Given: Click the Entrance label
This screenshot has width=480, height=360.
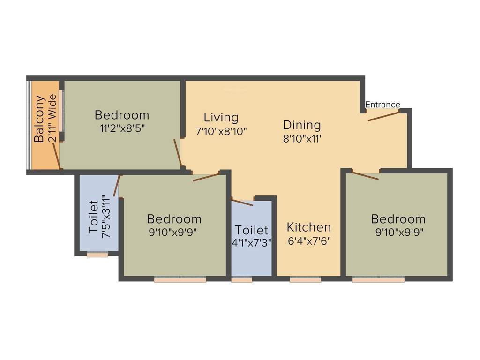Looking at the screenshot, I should coord(382,105).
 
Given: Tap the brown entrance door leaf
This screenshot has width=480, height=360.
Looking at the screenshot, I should coord(383,116).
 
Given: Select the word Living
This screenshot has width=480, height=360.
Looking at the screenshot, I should coord(221,117).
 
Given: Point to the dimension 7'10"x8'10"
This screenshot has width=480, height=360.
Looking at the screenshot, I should coord(221,131).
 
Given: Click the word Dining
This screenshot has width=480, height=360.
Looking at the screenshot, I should coord(302,125).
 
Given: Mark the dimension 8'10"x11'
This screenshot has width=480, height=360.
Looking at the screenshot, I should coord(302,139).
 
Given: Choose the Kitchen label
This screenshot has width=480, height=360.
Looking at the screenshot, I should coord(308,227).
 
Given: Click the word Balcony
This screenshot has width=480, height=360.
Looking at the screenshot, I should coord(40,119).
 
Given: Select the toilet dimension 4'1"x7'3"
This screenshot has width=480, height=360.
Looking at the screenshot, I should coord(252,243).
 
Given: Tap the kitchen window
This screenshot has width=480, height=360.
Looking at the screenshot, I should coord(305,279).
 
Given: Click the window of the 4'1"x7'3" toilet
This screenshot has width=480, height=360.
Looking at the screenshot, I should coord(241,279).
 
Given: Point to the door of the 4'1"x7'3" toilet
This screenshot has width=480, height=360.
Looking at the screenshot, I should coord(242,202).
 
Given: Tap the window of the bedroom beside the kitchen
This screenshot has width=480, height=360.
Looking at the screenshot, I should coord(378,279).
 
